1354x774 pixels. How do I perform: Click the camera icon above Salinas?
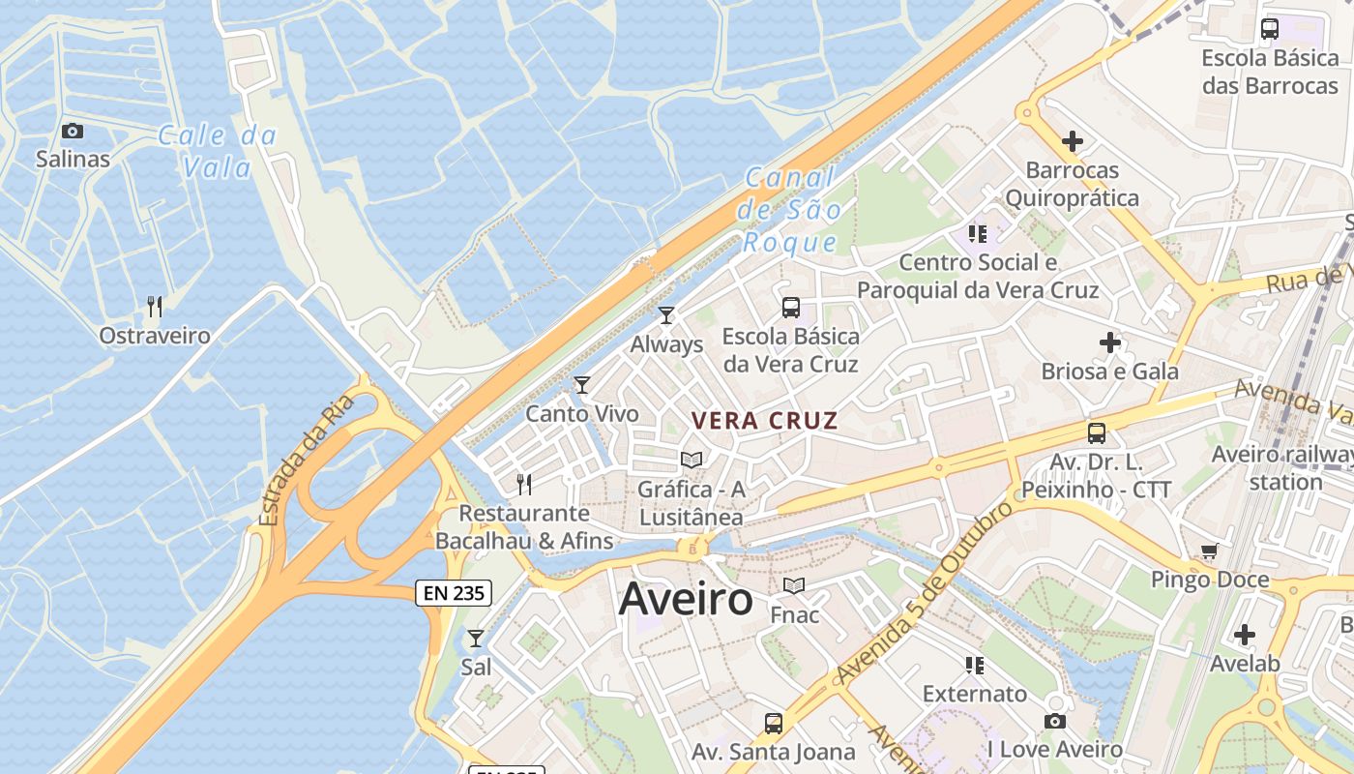click(x=73, y=132)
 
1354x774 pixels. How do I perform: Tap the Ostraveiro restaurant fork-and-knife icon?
click(x=155, y=308)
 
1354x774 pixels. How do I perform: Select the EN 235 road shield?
click(x=454, y=593)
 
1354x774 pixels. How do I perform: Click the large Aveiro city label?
click(x=686, y=598)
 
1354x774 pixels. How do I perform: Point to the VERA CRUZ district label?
click(x=765, y=421)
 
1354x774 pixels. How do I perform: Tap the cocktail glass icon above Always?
click(x=666, y=315)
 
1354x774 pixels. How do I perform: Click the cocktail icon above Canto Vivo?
click(x=582, y=385)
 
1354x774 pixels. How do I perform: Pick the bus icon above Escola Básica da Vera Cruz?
click(x=791, y=308)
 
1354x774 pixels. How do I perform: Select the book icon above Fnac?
click(x=794, y=586)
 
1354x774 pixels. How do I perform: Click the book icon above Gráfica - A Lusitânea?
click(x=692, y=461)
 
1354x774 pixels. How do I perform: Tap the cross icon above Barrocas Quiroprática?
click(x=1072, y=141)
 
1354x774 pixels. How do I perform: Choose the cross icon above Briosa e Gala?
click(x=1110, y=342)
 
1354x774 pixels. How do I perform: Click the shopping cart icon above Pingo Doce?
click(x=1209, y=551)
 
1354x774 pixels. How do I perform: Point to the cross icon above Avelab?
click(x=1245, y=635)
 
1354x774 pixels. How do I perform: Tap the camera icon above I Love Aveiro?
click(x=1055, y=721)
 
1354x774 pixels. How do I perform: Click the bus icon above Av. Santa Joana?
click(x=774, y=723)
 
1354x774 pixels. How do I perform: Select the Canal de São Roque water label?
click(x=789, y=210)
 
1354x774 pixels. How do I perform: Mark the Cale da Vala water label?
click(x=217, y=151)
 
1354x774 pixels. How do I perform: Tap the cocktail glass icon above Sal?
click(x=475, y=639)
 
